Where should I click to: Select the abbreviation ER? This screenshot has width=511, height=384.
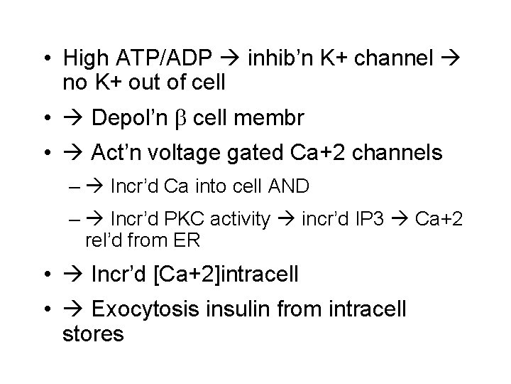187,240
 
